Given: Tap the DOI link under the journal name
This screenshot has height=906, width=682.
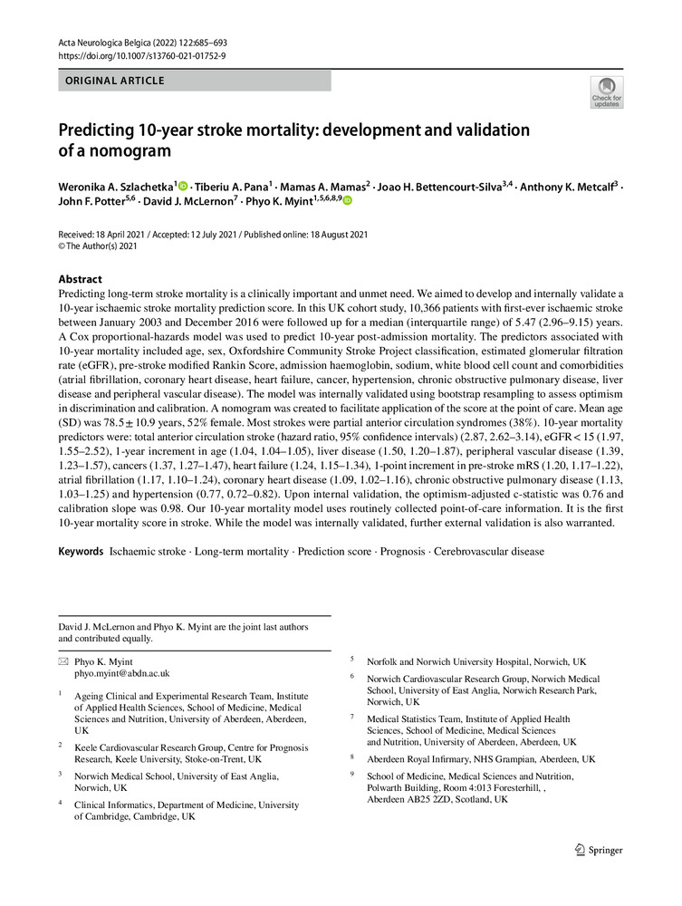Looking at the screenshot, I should [x=142, y=55].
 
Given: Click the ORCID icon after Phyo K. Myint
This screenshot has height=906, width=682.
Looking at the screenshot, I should [x=346, y=201].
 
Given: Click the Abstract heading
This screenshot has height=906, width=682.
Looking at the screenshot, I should [x=80, y=279].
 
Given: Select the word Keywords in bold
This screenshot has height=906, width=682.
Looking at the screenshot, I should [x=81, y=551].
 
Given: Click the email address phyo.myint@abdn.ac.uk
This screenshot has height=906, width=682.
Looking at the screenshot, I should [x=121, y=674].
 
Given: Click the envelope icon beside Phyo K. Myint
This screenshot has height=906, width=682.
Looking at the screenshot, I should [x=64, y=661].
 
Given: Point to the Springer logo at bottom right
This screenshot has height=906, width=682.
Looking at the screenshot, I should [x=600, y=850].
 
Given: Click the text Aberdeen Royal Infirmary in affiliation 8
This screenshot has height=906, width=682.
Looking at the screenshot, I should [x=422, y=758].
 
